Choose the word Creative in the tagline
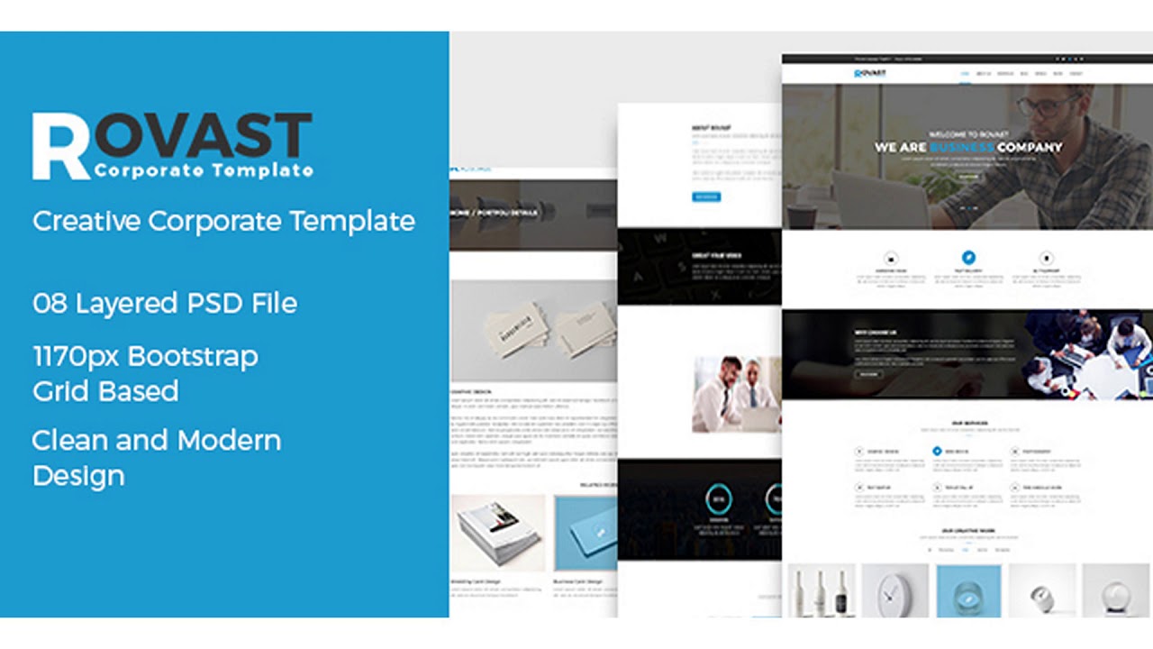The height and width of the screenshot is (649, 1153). (x=86, y=221)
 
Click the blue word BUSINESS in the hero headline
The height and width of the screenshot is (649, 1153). (x=962, y=147)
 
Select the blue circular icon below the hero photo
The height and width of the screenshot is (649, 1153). (x=968, y=258)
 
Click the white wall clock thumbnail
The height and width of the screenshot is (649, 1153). (x=895, y=591)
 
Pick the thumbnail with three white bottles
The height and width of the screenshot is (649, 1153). (x=820, y=591)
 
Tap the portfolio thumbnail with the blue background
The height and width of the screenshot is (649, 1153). (x=968, y=591)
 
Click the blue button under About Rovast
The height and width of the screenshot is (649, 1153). (x=706, y=197)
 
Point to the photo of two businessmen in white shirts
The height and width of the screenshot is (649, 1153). (x=737, y=393)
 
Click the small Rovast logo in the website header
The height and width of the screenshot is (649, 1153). (x=870, y=73)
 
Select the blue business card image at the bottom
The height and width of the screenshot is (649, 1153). (x=585, y=532)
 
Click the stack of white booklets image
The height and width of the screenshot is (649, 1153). (x=498, y=532)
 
